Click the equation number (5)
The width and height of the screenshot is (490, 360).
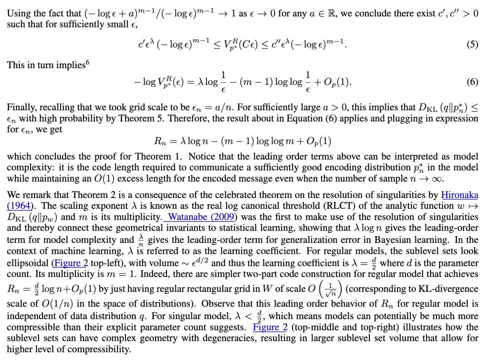(x=472, y=44)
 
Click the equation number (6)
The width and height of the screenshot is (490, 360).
(x=472, y=82)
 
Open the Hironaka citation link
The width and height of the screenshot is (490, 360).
(x=460, y=195)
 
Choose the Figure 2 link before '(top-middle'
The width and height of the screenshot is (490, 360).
(x=270, y=327)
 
